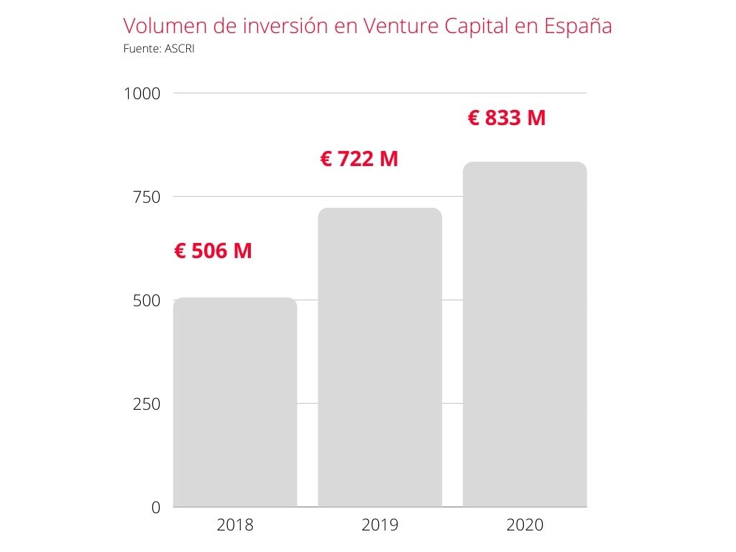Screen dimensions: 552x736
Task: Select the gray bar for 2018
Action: tap(235, 402)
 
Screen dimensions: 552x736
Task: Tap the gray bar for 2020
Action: tap(525, 334)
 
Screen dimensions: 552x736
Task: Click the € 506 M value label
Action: tap(213, 252)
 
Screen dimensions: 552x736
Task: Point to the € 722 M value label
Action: tap(359, 159)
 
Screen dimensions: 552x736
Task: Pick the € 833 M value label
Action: tap(507, 118)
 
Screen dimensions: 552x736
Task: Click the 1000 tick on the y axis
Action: tap(142, 93)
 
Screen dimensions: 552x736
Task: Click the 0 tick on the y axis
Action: tap(155, 507)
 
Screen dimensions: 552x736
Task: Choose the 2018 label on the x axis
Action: tap(235, 525)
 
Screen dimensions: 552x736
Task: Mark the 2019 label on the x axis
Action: tap(379, 525)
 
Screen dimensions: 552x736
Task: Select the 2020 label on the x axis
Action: tap(525, 525)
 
